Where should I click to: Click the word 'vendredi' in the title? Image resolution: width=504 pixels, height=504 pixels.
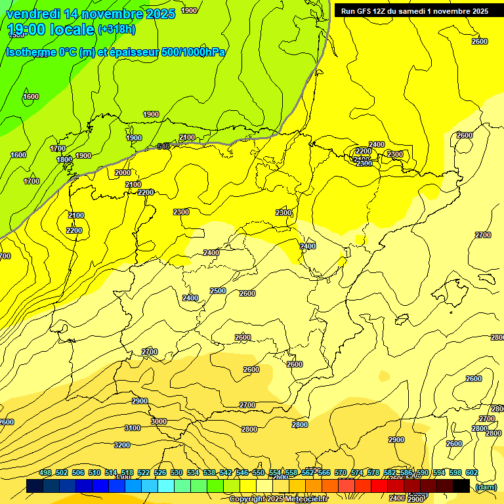tap(35, 14)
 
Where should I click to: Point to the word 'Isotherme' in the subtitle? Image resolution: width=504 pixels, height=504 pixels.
tap(31, 52)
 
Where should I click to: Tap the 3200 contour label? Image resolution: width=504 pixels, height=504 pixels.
tap(122, 445)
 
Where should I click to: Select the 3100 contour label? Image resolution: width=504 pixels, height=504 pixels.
tap(133, 428)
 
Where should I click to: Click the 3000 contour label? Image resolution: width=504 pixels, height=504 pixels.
tap(158, 421)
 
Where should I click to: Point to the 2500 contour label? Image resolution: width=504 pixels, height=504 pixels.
tap(218, 291)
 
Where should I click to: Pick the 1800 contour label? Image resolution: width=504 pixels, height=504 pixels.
tap(64, 159)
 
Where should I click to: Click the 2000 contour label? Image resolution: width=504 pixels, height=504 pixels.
tap(123, 173)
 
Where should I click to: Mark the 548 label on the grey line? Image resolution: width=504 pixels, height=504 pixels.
tap(163, 146)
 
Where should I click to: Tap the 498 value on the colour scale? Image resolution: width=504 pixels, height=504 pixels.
tap(45, 472)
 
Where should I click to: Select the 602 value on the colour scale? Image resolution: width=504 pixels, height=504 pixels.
tap(472, 472)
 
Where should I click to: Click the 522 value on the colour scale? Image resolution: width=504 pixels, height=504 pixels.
tap(144, 472)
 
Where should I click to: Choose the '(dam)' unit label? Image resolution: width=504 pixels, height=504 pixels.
tap(486, 487)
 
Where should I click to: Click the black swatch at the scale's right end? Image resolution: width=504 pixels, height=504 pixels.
tap(461, 486)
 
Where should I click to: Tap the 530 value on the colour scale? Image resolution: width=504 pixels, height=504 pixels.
tap(177, 472)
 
